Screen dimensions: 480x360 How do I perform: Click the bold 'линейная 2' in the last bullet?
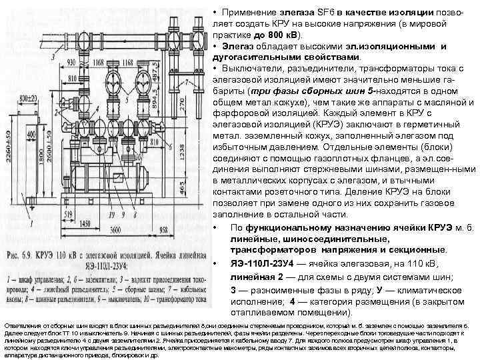click(259, 276)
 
